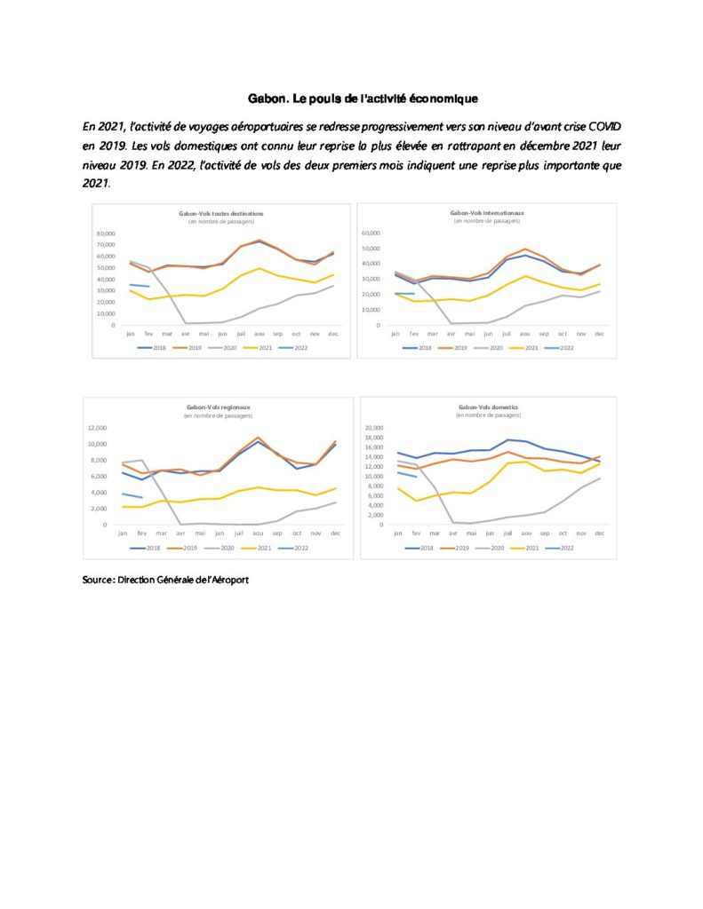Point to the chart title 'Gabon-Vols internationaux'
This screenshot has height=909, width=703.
click(486, 213)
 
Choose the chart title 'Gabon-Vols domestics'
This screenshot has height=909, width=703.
click(487, 407)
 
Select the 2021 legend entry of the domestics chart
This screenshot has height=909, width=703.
click(523, 549)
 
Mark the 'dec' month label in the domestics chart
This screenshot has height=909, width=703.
click(600, 533)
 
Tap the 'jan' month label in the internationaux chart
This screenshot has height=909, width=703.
click(396, 333)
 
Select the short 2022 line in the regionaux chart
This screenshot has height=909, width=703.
click(132, 495)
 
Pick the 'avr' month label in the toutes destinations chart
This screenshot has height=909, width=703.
click(185, 333)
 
